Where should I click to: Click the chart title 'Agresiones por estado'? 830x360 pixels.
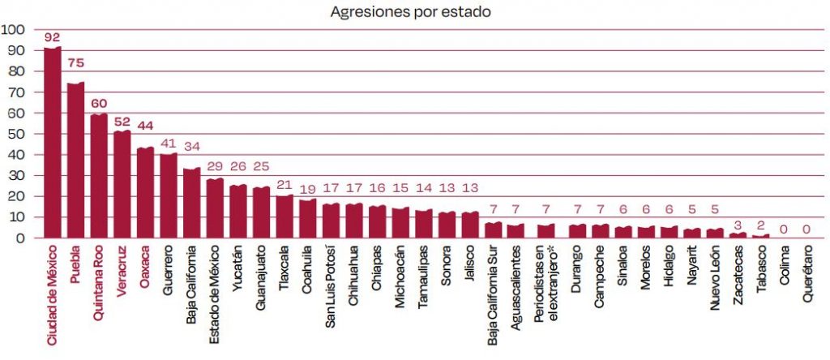coord(410,12)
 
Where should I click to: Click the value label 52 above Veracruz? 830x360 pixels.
coord(122,122)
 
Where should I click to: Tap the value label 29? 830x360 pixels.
coord(216,169)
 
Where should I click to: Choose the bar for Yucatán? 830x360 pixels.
coord(238,212)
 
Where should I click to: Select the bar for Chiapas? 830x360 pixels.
coord(378,222)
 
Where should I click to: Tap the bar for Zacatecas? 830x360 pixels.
coord(738,236)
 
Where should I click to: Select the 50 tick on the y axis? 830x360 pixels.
coord(17,134)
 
